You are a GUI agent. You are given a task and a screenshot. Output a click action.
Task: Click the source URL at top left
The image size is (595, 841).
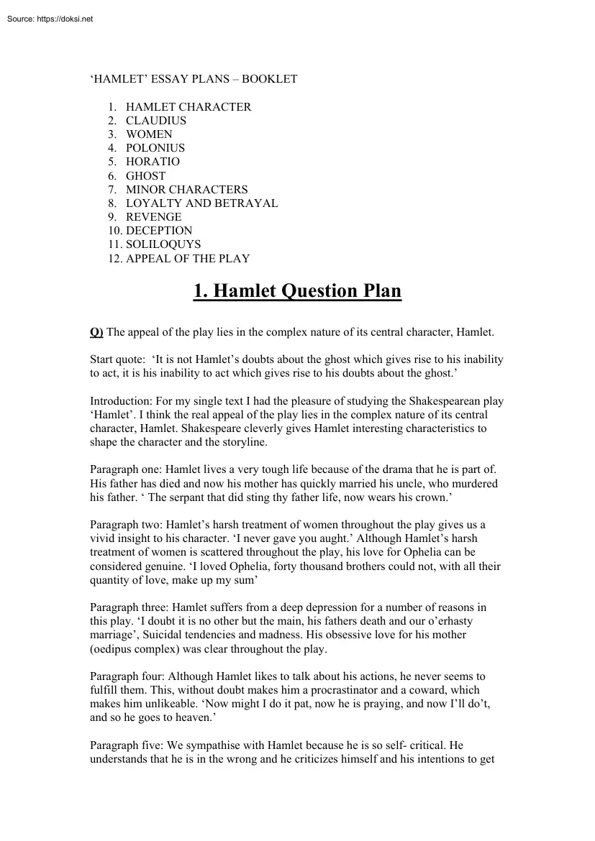(49, 19)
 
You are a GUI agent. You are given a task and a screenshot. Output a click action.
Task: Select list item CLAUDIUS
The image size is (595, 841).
(156, 121)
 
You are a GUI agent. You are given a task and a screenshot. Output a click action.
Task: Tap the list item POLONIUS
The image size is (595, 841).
(155, 148)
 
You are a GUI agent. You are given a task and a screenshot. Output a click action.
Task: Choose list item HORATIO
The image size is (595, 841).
(153, 162)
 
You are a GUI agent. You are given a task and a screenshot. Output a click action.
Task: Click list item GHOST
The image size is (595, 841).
(145, 175)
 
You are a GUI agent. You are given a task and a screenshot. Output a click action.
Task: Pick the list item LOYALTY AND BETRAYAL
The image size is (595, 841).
(201, 203)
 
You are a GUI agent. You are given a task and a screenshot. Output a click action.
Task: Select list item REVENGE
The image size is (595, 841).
(153, 216)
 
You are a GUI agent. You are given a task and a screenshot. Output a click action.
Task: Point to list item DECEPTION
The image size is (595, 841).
(159, 231)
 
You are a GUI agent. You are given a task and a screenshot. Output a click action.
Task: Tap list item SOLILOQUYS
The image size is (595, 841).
(163, 244)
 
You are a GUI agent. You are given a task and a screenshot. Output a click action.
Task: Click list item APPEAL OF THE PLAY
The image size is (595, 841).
(188, 258)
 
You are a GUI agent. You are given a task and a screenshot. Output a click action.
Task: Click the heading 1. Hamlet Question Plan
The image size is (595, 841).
(297, 291)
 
